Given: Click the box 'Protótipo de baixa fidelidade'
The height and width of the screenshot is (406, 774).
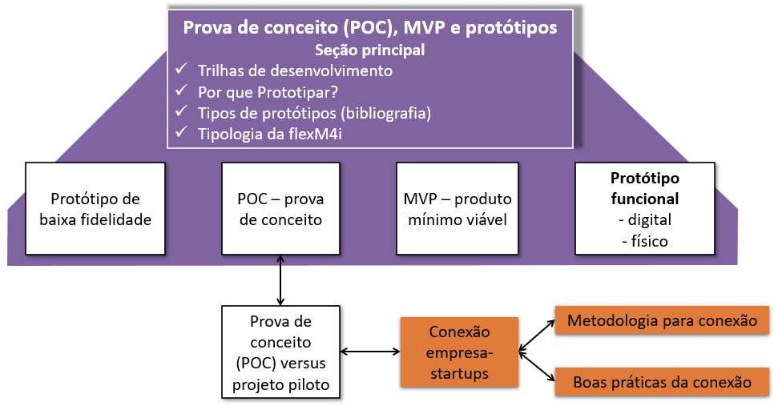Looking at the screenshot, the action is (x=95, y=209).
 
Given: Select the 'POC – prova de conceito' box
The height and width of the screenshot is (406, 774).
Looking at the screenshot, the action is (x=280, y=209).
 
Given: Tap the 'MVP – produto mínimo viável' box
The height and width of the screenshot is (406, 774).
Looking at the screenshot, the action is (x=457, y=209).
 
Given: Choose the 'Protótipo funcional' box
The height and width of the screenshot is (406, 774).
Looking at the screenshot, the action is (x=645, y=209).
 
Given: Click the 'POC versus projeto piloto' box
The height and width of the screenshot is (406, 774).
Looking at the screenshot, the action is (x=280, y=352).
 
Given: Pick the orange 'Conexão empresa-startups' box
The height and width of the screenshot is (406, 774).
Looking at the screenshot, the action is (x=459, y=352).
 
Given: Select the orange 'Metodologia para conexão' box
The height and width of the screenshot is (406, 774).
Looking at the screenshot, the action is (x=662, y=320).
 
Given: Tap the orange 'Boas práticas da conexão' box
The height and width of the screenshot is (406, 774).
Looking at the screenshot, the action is (x=662, y=382).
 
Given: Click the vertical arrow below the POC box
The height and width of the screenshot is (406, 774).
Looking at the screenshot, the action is (x=280, y=280).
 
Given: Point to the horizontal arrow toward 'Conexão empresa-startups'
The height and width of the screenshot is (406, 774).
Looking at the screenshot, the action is (x=370, y=352).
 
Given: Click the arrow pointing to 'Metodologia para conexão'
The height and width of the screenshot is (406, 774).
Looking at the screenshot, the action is (x=537, y=336).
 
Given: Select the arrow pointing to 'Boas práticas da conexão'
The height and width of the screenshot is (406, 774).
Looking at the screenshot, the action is (x=537, y=367).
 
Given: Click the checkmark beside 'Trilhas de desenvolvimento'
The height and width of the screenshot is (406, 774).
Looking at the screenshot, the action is (x=181, y=69).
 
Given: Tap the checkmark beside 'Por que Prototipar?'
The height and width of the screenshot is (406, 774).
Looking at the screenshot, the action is (x=181, y=90).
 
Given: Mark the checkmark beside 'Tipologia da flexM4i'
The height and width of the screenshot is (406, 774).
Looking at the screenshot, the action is (x=181, y=131).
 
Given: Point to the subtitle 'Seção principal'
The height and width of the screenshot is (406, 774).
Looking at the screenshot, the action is (x=369, y=50).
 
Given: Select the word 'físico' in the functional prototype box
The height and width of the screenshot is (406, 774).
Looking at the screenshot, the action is (x=649, y=241).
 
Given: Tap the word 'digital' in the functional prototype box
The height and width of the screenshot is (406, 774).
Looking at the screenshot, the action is (x=649, y=219).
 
